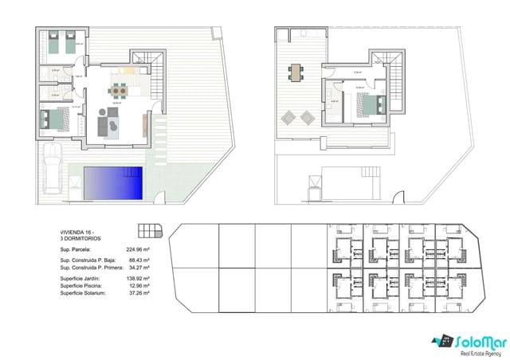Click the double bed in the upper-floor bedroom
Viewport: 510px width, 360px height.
tap(369, 104)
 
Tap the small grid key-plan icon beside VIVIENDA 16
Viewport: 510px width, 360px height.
tap(149, 232)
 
